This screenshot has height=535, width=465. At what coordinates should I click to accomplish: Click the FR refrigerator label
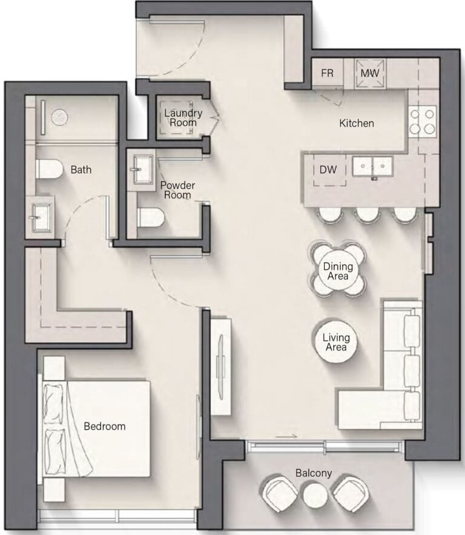327,73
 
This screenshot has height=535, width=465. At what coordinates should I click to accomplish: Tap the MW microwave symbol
370,73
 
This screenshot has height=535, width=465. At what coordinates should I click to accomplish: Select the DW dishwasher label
328,169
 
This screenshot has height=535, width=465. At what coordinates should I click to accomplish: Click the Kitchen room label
357,123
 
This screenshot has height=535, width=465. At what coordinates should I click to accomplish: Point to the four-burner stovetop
423,122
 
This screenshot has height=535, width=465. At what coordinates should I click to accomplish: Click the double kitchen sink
372,166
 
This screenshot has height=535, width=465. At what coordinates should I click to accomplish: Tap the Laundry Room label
183,118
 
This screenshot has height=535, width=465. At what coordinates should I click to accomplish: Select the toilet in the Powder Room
151,217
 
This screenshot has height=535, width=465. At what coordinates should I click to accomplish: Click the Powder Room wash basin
141,169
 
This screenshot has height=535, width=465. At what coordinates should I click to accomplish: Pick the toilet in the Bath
50,169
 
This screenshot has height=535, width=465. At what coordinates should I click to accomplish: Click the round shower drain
59,117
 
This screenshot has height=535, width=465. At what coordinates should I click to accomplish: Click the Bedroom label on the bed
105,426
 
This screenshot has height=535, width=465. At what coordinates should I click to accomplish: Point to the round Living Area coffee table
336,342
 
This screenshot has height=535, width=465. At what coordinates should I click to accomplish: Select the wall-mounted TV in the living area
221,367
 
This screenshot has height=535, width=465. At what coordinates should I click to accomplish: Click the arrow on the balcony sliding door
286,436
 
